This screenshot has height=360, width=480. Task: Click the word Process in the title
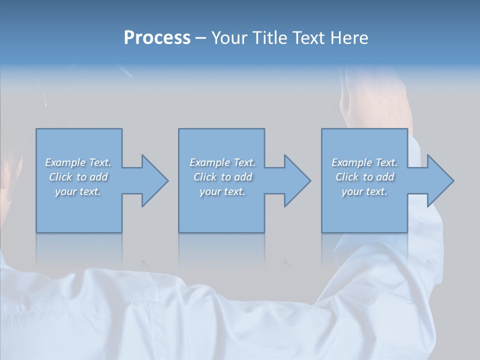(x=157, y=38)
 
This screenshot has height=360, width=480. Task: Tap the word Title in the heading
(x=269, y=38)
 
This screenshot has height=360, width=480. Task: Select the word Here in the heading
(x=349, y=38)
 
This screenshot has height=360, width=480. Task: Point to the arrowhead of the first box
(x=154, y=180)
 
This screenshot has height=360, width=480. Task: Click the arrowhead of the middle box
(x=296, y=180)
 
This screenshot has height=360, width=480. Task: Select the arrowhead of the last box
(x=439, y=180)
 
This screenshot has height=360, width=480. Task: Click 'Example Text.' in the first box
(x=78, y=162)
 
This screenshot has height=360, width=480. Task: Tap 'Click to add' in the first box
(x=78, y=177)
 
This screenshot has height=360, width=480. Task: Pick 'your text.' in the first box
(x=78, y=191)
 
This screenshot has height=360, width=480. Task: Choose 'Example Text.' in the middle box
(x=222, y=162)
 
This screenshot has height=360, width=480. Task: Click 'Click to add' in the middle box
(x=222, y=177)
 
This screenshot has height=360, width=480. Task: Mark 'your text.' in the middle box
(x=222, y=191)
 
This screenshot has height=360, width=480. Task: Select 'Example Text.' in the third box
(x=364, y=162)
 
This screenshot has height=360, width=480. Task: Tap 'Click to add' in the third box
(x=364, y=177)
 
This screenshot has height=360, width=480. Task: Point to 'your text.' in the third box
(x=364, y=191)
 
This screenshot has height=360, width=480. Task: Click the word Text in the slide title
(x=307, y=38)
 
